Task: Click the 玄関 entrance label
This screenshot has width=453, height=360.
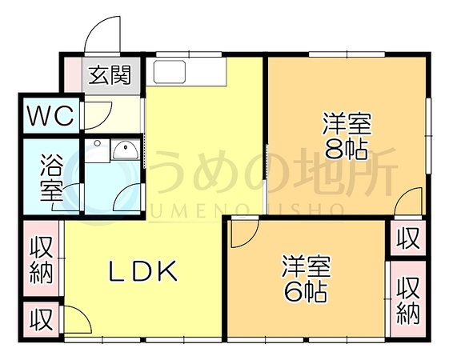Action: (x=110, y=75)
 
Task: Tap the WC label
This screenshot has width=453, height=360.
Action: (x=50, y=115)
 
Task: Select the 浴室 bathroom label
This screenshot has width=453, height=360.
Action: (x=51, y=177)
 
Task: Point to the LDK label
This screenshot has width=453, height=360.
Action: (x=142, y=270)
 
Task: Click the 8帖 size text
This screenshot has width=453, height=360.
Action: (x=347, y=150)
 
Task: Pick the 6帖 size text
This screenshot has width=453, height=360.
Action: (x=306, y=291)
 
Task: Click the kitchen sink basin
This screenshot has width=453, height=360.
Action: (x=169, y=72)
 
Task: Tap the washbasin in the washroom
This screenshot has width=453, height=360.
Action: (x=125, y=150)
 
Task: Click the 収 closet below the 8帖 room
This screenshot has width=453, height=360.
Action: (x=407, y=238)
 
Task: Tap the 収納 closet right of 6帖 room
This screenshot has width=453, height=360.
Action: (x=407, y=300)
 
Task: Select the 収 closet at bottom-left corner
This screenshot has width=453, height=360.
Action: (x=42, y=319)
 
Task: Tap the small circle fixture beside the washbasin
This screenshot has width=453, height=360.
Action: (x=98, y=143)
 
